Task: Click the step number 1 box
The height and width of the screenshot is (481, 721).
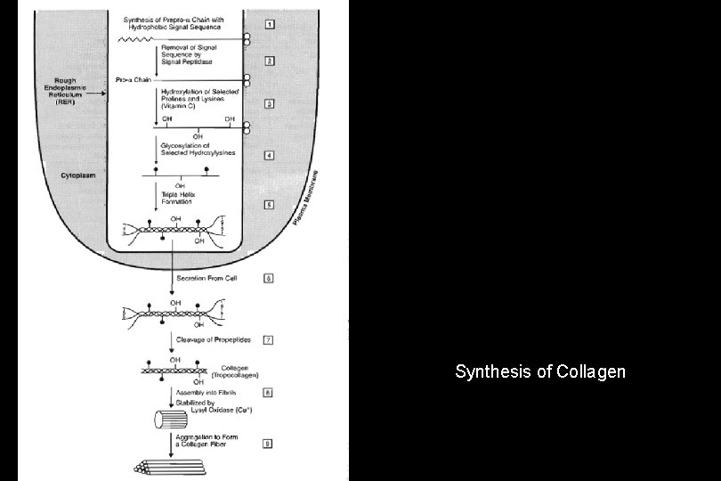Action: [x=268, y=22]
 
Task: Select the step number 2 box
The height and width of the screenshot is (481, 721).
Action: [x=268, y=61]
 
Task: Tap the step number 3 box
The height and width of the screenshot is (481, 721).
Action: [x=268, y=103]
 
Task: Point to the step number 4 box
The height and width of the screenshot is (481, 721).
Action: [x=268, y=155]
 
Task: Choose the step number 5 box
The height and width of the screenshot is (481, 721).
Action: [x=268, y=204]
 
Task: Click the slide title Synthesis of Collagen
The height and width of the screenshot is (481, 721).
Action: [x=540, y=371]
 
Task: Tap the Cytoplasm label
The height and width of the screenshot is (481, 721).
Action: [x=77, y=175]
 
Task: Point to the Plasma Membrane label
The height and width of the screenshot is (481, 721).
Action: [x=308, y=197]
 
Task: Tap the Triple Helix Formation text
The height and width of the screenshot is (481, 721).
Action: [x=179, y=198]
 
